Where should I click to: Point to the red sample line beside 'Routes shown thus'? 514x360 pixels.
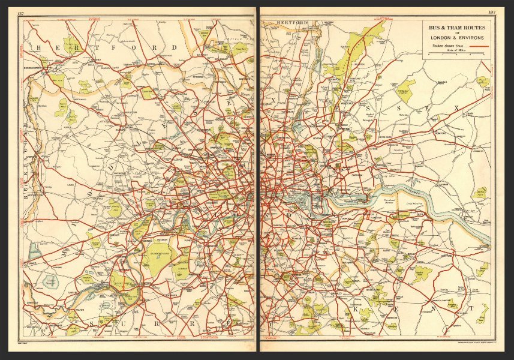[x=478, y=46]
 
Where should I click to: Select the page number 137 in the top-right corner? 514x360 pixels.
[x=492, y=12]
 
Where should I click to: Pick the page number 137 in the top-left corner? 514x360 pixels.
[x=22, y=12]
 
